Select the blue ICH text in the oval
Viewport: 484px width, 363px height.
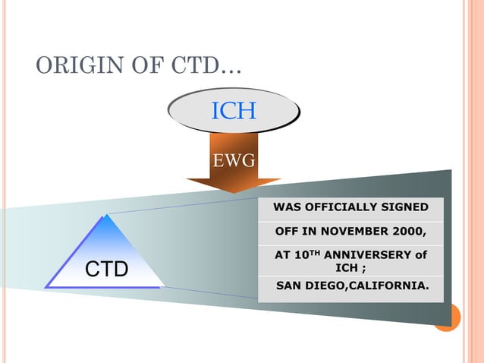[x=234, y=112]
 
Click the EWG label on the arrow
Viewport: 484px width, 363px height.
[x=234, y=161]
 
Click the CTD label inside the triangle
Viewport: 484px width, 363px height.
[x=105, y=270]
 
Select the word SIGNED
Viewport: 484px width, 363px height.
[x=404, y=207]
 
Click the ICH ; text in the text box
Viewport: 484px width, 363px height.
[x=350, y=268]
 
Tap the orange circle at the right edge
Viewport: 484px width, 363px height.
[x=448, y=317]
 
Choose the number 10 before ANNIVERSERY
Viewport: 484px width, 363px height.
[x=297, y=256]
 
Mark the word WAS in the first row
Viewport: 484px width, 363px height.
[x=285, y=207]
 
